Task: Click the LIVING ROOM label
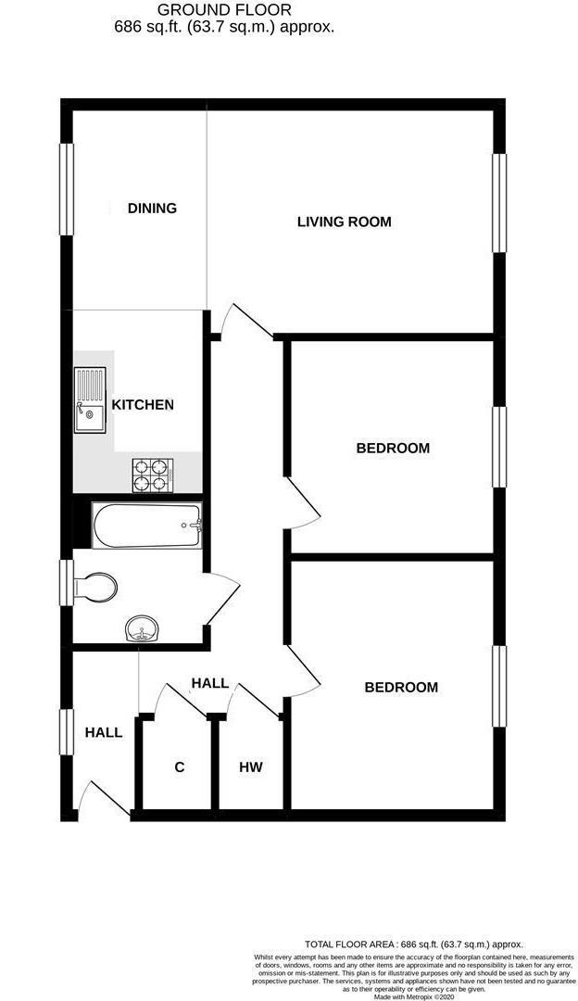(344, 222)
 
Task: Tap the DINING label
(152, 208)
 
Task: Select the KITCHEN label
(143, 405)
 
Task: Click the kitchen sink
(90, 399)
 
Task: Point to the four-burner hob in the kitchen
(152, 475)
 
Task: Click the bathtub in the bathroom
(147, 526)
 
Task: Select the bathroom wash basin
(141, 629)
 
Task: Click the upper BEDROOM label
(393, 449)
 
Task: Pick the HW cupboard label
(251, 767)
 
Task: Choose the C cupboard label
(180, 767)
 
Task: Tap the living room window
(499, 203)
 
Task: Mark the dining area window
(67, 189)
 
